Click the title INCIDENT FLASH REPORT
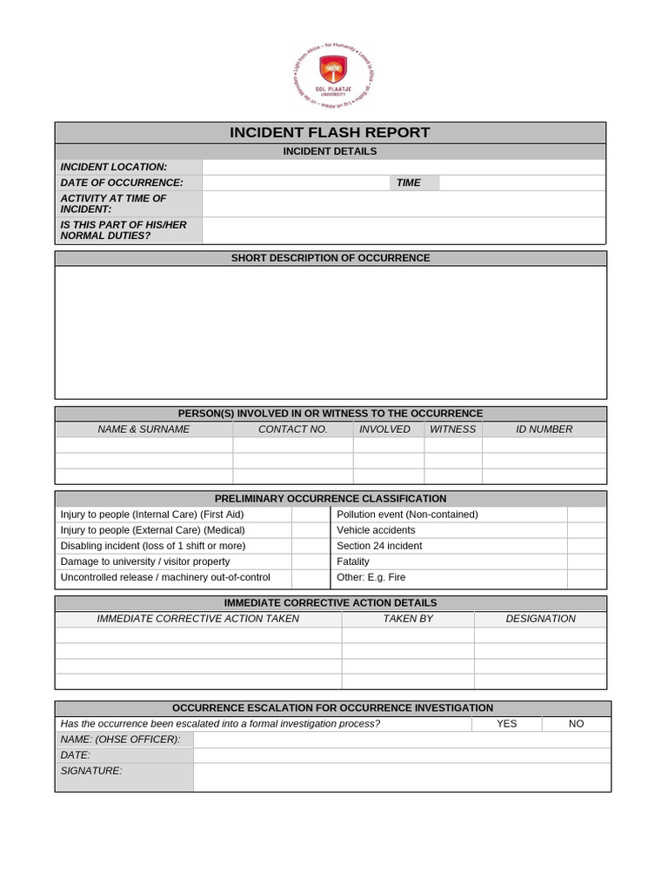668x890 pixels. pyautogui.click(x=330, y=133)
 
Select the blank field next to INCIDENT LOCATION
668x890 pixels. pyautogui.click(x=404, y=167)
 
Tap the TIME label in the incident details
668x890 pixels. pyautogui.click(x=409, y=183)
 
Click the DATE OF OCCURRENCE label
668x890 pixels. pyautogui.click(x=122, y=183)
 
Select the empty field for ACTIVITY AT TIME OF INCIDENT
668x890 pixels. pyautogui.click(x=404, y=204)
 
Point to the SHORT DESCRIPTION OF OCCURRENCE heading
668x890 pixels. pyautogui.click(x=331, y=258)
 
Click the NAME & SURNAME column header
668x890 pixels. pyautogui.click(x=144, y=429)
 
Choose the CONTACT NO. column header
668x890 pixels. pyautogui.click(x=293, y=429)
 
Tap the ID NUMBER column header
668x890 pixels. pyautogui.click(x=544, y=429)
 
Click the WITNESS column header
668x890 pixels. pyautogui.click(x=453, y=429)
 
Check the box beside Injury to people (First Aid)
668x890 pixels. pyautogui.click(x=308, y=515)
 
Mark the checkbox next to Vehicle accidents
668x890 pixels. pyautogui.click(x=586, y=530)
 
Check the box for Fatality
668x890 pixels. pyautogui.click(x=586, y=561)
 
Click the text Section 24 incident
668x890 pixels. pyautogui.click(x=379, y=546)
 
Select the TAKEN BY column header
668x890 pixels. pyautogui.click(x=408, y=619)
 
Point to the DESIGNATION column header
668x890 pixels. pyautogui.click(x=540, y=619)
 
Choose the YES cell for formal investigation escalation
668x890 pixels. pyautogui.click(x=506, y=724)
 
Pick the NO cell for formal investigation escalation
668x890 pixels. pyautogui.click(x=576, y=724)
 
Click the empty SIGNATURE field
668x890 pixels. pyautogui.click(x=401, y=777)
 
